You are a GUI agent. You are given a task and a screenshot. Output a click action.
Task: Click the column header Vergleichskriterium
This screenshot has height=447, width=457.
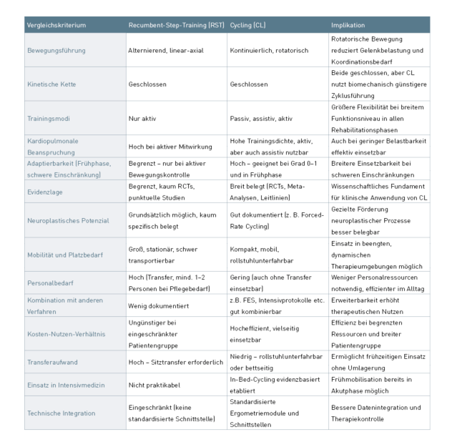[x=56, y=25]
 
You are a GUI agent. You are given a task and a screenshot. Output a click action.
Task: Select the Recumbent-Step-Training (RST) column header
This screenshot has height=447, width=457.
[x=176, y=25]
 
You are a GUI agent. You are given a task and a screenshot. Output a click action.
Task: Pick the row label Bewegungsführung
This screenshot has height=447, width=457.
[x=56, y=51]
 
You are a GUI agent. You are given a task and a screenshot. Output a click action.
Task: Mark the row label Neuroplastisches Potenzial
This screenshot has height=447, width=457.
[x=68, y=220]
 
